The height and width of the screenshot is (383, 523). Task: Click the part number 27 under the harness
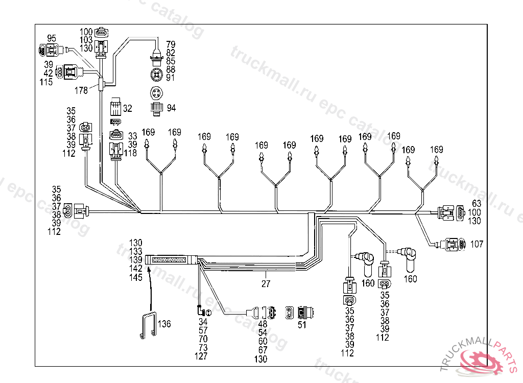pos(266,283)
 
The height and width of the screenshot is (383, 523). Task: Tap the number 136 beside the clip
pos(164,324)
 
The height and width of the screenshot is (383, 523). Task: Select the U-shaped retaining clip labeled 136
pos(149,326)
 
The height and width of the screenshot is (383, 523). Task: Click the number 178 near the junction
pos(81,90)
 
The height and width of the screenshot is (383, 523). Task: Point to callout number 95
pos(52,38)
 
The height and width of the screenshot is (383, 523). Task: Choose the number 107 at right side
pos(477,245)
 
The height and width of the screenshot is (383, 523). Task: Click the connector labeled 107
pos(455,244)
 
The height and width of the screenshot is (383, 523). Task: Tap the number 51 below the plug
pos(302,325)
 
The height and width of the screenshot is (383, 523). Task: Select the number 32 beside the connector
pos(127,108)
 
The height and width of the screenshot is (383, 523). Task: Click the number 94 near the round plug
pos(171,108)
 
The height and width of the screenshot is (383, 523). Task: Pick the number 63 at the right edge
pos(476,204)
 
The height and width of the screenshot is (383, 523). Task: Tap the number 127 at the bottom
pos(201,356)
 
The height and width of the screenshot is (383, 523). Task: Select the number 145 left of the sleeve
pos(135,277)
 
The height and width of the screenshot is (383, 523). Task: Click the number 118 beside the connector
pos(130,153)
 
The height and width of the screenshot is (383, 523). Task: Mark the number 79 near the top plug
pos(171,44)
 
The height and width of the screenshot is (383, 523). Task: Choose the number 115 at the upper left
pos(46,82)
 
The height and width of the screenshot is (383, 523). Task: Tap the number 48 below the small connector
pos(263,324)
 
